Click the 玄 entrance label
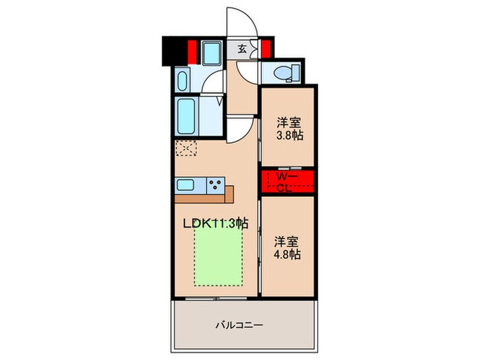pos(243,49)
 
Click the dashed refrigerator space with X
pos(186,148)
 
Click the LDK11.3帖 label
pos(214,222)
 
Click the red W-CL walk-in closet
pos(287,182)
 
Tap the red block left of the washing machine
pos(193,51)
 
